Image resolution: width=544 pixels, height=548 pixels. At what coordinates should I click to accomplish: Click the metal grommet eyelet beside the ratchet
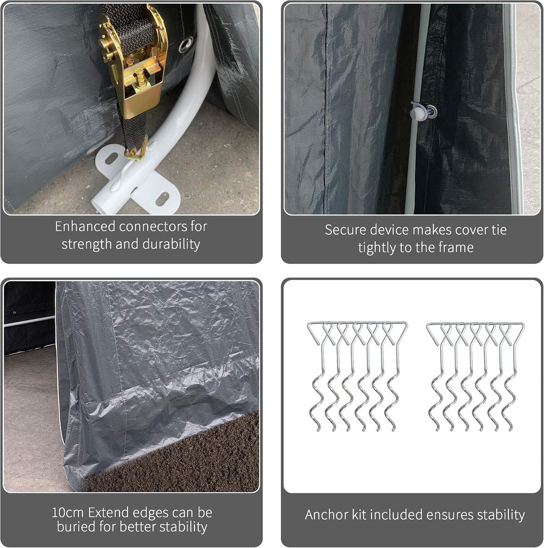pyautogui.click(x=185, y=45)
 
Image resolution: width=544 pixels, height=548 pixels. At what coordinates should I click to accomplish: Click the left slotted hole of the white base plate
pyautogui.click(x=111, y=158)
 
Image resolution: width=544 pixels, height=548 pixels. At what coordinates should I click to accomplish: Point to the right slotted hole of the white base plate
pyautogui.click(x=163, y=199)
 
